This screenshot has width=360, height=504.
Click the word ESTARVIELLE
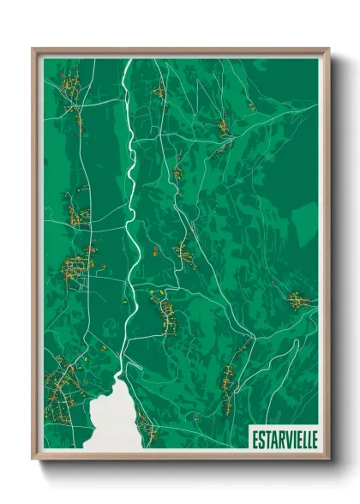tap(284, 439)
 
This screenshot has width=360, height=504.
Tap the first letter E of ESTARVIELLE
tap(255, 439)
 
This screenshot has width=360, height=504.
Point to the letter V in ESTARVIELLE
tap(285, 439)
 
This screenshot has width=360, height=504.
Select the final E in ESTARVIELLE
tap(313, 439)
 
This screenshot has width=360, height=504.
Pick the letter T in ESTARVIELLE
tap(267, 439)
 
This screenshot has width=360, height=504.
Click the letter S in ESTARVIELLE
tap(261, 439)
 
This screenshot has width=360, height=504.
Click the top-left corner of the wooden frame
tap(33, 50)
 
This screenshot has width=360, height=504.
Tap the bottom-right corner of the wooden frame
tap(328, 459)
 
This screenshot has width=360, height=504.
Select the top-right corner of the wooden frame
tap(328, 50)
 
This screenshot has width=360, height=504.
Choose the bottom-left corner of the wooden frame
tap(33, 459)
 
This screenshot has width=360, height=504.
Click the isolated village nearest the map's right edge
tap(298, 300)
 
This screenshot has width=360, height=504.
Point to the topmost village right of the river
tap(159, 89)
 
